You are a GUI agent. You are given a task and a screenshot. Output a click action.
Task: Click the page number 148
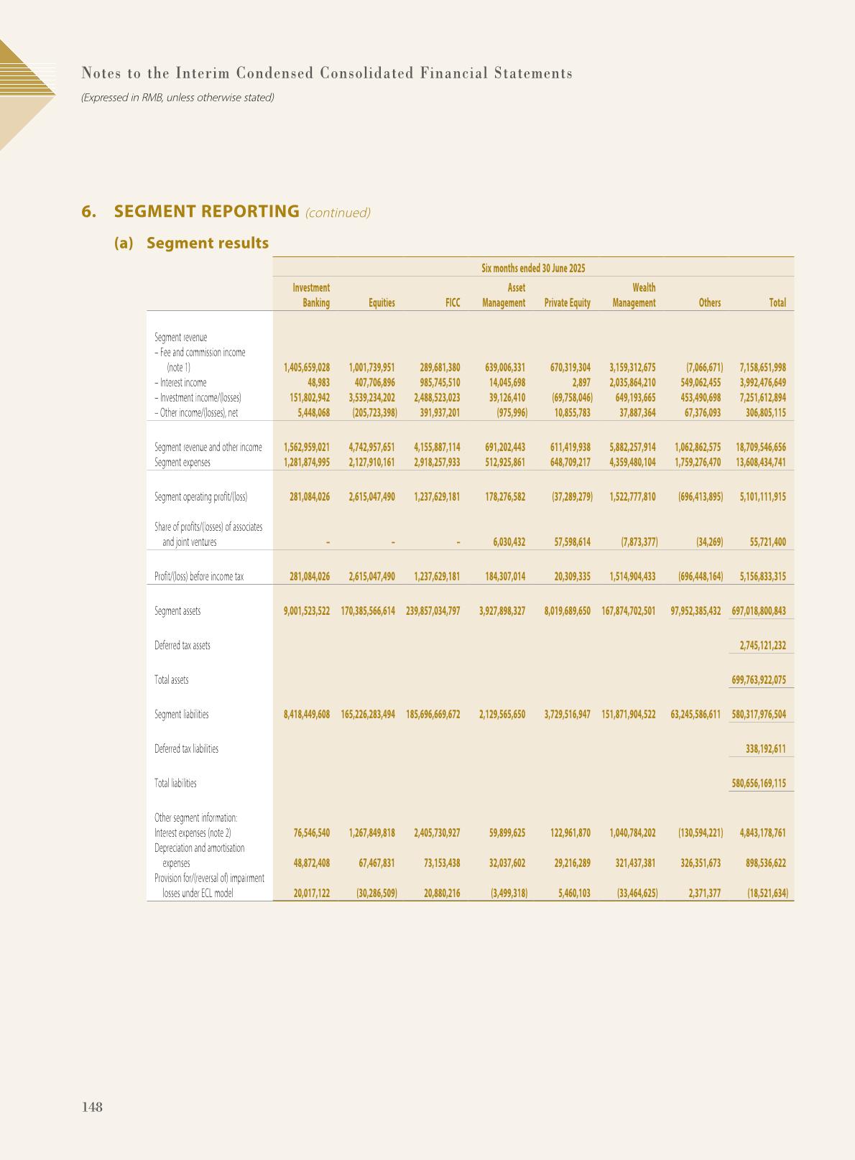(x=92, y=1107)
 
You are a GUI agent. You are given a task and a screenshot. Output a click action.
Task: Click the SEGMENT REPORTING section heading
(x=206, y=211)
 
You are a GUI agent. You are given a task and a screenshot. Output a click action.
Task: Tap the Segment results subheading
(x=207, y=243)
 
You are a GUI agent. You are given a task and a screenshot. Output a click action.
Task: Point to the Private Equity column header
(x=567, y=303)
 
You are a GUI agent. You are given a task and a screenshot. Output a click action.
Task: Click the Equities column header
(x=382, y=303)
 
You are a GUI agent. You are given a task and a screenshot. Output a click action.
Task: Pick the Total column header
(x=777, y=303)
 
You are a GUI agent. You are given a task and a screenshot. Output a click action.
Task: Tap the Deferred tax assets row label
(x=182, y=645)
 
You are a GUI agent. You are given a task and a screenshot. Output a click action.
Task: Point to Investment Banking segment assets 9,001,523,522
(x=307, y=611)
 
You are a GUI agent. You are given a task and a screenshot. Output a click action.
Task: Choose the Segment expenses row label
(x=182, y=463)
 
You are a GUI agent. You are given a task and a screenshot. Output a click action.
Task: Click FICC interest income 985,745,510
(x=440, y=383)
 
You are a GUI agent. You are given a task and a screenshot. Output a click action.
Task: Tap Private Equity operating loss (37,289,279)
(x=568, y=496)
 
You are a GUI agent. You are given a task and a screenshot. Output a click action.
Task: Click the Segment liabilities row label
(x=182, y=714)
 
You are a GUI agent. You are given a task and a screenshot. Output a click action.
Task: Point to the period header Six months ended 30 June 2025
(x=533, y=268)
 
